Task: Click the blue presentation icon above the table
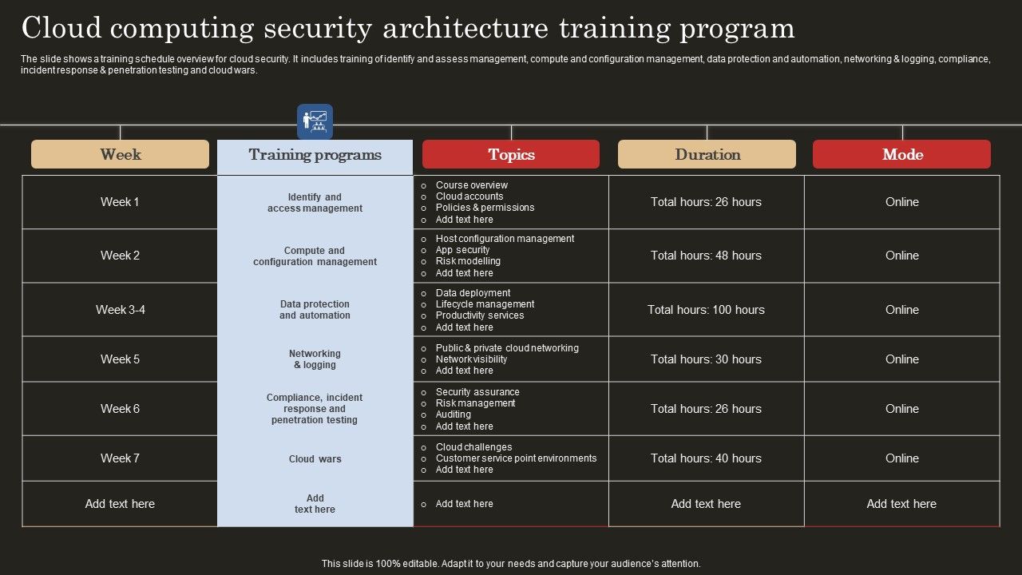coord(315,121)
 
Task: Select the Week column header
coord(120,154)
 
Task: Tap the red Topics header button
coord(511,154)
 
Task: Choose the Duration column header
coord(707,154)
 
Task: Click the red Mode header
coord(901,154)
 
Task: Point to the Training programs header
coord(315,154)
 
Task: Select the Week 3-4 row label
coord(120,310)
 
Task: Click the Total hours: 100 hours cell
coord(706,310)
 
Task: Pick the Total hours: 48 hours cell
coord(706,256)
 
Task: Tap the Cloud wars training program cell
coord(315,459)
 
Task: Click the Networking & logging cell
coord(315,359)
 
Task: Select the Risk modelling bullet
coord(468,261)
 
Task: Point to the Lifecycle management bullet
coord(485,304)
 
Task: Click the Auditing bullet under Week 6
coord(453,414)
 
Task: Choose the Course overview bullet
coord(471,185)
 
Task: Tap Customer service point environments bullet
coord(516,458)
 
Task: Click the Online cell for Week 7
coord(901,458)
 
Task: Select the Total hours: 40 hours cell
coord(706,458)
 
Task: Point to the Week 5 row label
coord(120,359)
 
